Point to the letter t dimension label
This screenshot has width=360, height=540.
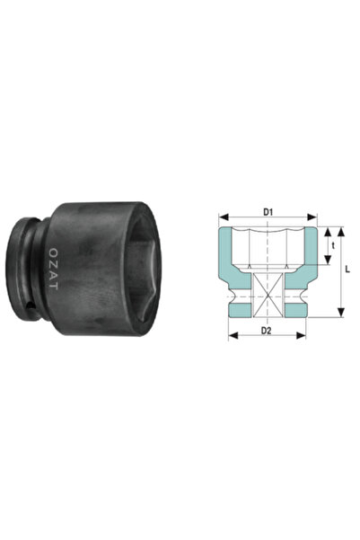(333, 244)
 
